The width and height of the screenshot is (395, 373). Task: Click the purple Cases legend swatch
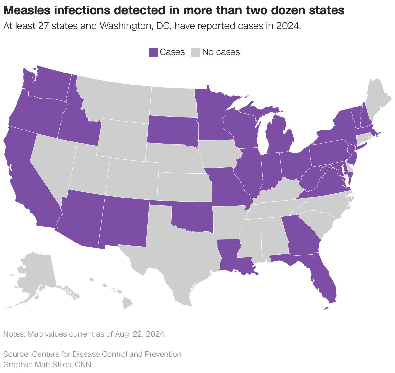point(153,52)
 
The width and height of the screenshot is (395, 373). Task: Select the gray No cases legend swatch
point(195,52)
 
